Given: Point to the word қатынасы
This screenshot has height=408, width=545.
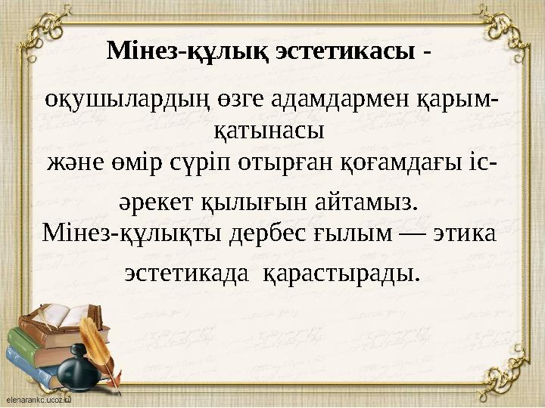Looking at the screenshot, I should (266, 131).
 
